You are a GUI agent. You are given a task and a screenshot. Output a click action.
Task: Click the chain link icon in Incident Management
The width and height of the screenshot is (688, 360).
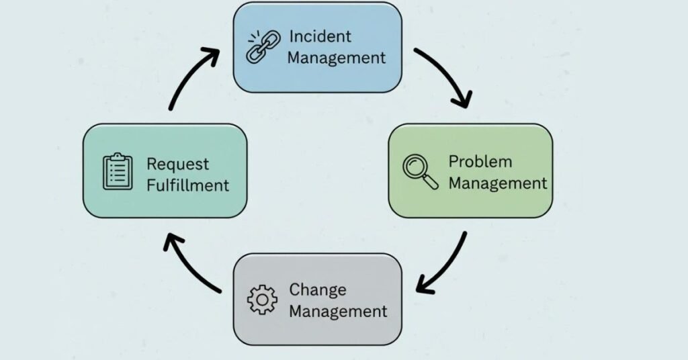259,48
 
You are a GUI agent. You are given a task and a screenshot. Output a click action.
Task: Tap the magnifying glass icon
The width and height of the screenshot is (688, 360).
420,171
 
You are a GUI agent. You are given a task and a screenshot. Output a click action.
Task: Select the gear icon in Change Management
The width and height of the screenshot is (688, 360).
261,300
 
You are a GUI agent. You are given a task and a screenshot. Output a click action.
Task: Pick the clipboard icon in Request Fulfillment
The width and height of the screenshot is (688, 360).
118,172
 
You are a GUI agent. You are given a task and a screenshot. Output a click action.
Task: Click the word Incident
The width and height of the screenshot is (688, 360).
320,36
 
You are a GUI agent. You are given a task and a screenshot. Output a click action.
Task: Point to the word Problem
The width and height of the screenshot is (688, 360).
480,161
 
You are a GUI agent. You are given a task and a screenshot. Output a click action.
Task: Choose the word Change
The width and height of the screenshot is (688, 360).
318,289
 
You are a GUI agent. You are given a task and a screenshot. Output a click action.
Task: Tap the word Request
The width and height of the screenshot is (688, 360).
177,163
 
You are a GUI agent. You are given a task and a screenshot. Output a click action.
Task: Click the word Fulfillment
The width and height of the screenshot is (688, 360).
187,185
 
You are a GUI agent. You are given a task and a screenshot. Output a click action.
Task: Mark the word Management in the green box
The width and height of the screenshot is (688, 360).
497,183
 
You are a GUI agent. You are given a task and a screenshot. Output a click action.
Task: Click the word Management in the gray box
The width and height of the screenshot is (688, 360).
337,312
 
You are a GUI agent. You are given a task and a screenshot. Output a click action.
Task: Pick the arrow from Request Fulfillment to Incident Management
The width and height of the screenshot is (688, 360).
190,77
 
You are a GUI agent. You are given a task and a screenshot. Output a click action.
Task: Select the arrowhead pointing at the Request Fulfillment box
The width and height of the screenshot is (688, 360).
172,242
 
